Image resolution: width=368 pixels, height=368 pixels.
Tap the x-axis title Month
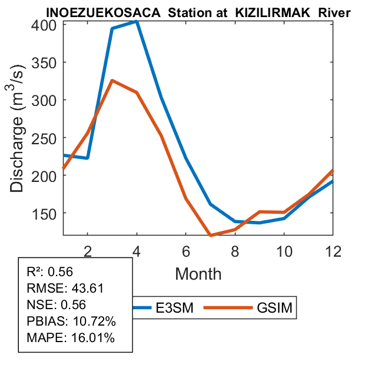(198, 273)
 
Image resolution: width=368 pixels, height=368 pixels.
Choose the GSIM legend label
(275, 307)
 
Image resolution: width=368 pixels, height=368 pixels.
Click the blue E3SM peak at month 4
(137, 21)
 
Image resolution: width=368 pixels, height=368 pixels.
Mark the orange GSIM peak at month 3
(112, 80)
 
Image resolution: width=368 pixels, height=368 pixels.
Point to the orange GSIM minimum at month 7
(210, 236)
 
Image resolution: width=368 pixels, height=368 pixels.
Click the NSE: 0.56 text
(57, 304)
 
